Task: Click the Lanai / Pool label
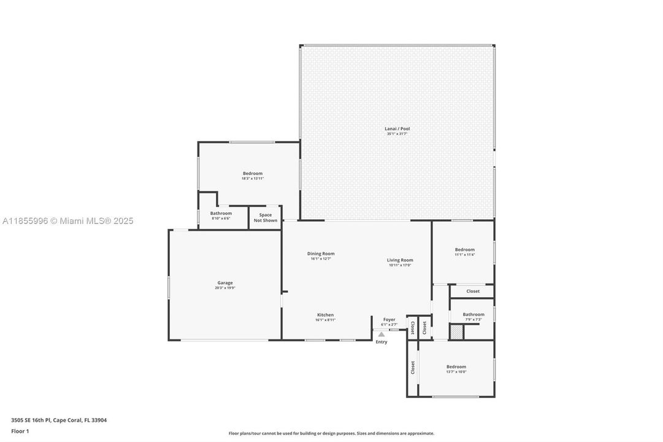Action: tap(397, 129)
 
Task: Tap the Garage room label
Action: tap(224, 283)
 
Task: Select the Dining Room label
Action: tap(321, 254)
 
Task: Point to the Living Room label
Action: tap(400, 260)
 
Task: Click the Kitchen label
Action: tap(325, 314)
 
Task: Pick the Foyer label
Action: tap(389, 319)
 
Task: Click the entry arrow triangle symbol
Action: tap(381, 335)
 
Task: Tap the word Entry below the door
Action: tap(381, 342)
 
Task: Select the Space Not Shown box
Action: tap(266, 218)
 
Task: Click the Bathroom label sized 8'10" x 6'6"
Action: tap(221, 213)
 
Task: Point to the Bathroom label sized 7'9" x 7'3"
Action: tap(473, 314)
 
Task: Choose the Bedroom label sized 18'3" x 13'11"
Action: tap(252, 174)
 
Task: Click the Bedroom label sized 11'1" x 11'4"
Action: tap(464, 250)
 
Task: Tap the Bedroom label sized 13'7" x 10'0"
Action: tap(456, 366)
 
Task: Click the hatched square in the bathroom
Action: tap(456, 331)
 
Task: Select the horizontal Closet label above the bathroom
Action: tap(473, 291)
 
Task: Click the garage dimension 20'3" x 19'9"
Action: tap(224, 288)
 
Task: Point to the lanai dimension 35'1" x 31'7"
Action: tap(397, 134)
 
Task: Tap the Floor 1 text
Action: tap(20, 431)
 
